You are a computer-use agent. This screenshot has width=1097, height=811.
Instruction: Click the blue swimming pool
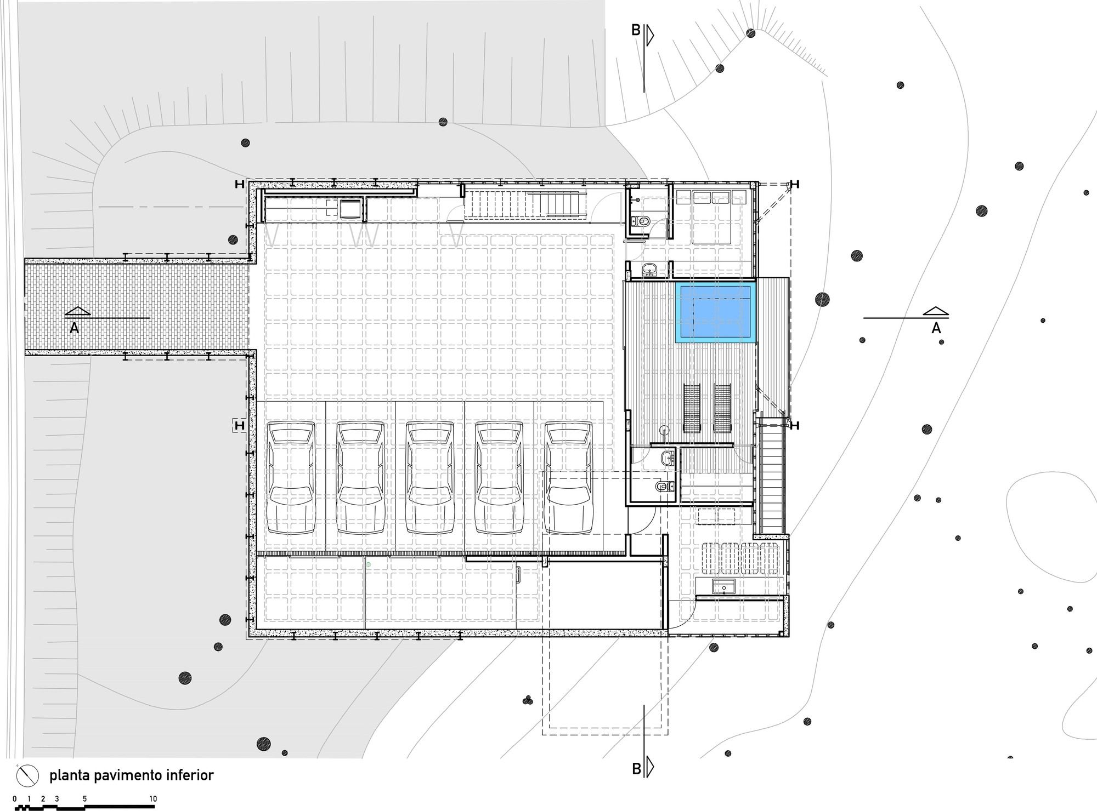tap(715, 312)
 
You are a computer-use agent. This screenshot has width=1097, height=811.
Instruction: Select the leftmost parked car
tap(291, 478)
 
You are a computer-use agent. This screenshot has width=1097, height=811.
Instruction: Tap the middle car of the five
tap(430, 478)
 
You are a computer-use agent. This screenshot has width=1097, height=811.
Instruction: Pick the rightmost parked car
tap(569, 478)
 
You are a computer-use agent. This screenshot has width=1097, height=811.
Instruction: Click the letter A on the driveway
tap(74, 328)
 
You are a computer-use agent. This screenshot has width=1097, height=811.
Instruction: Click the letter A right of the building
tap(936, 328)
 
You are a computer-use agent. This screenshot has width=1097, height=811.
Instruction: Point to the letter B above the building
tap(636, 30)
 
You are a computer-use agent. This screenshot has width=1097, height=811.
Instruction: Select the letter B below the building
tap(636, 769)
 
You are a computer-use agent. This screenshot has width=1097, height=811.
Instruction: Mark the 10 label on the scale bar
tap(153, 799)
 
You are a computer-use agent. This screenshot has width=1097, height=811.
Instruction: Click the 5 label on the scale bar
tap(85, 799)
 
